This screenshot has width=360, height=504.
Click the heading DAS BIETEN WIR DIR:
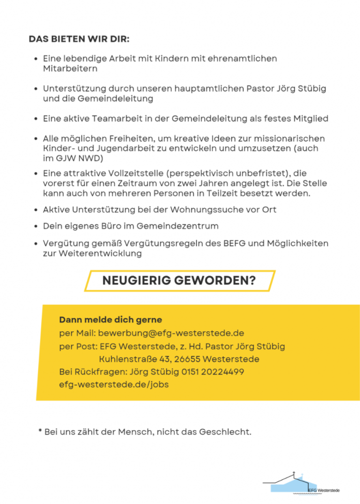tap(79, 39)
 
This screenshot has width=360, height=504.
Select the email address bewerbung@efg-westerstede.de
tap(171, 333)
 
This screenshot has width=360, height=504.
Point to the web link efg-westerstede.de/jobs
tap(114, 384)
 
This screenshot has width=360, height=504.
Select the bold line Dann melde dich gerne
tap(110, 320)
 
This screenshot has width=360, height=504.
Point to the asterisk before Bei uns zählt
tap(40, 431)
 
